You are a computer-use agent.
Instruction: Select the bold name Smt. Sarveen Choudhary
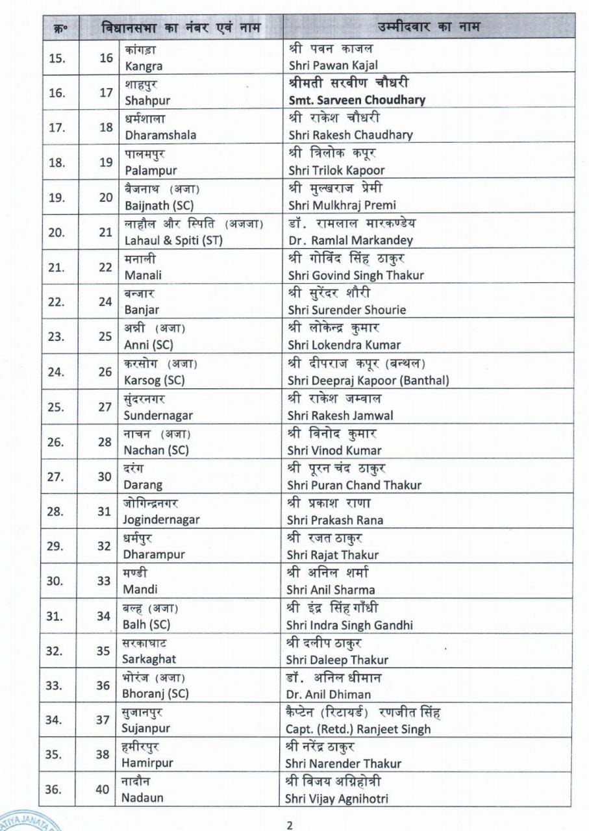coord(357,100)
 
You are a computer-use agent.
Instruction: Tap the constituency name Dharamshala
coord(160,135)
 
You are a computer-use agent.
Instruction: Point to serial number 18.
coord(57,162)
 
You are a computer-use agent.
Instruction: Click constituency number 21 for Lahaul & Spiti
coord(106,232)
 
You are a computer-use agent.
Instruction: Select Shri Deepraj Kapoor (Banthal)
coord(368,380)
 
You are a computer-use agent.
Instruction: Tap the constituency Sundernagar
coord(158,415)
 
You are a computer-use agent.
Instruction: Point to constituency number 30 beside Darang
coord(105,477)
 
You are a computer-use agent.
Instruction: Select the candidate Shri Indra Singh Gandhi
coord(349,625)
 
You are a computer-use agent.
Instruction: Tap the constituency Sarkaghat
coord(149,660)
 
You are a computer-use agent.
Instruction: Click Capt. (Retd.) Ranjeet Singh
coord(358,729)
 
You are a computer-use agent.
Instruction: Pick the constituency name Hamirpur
coord(147,764)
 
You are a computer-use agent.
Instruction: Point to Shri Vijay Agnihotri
coord(337,799)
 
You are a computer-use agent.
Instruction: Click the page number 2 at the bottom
coord(290,825)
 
